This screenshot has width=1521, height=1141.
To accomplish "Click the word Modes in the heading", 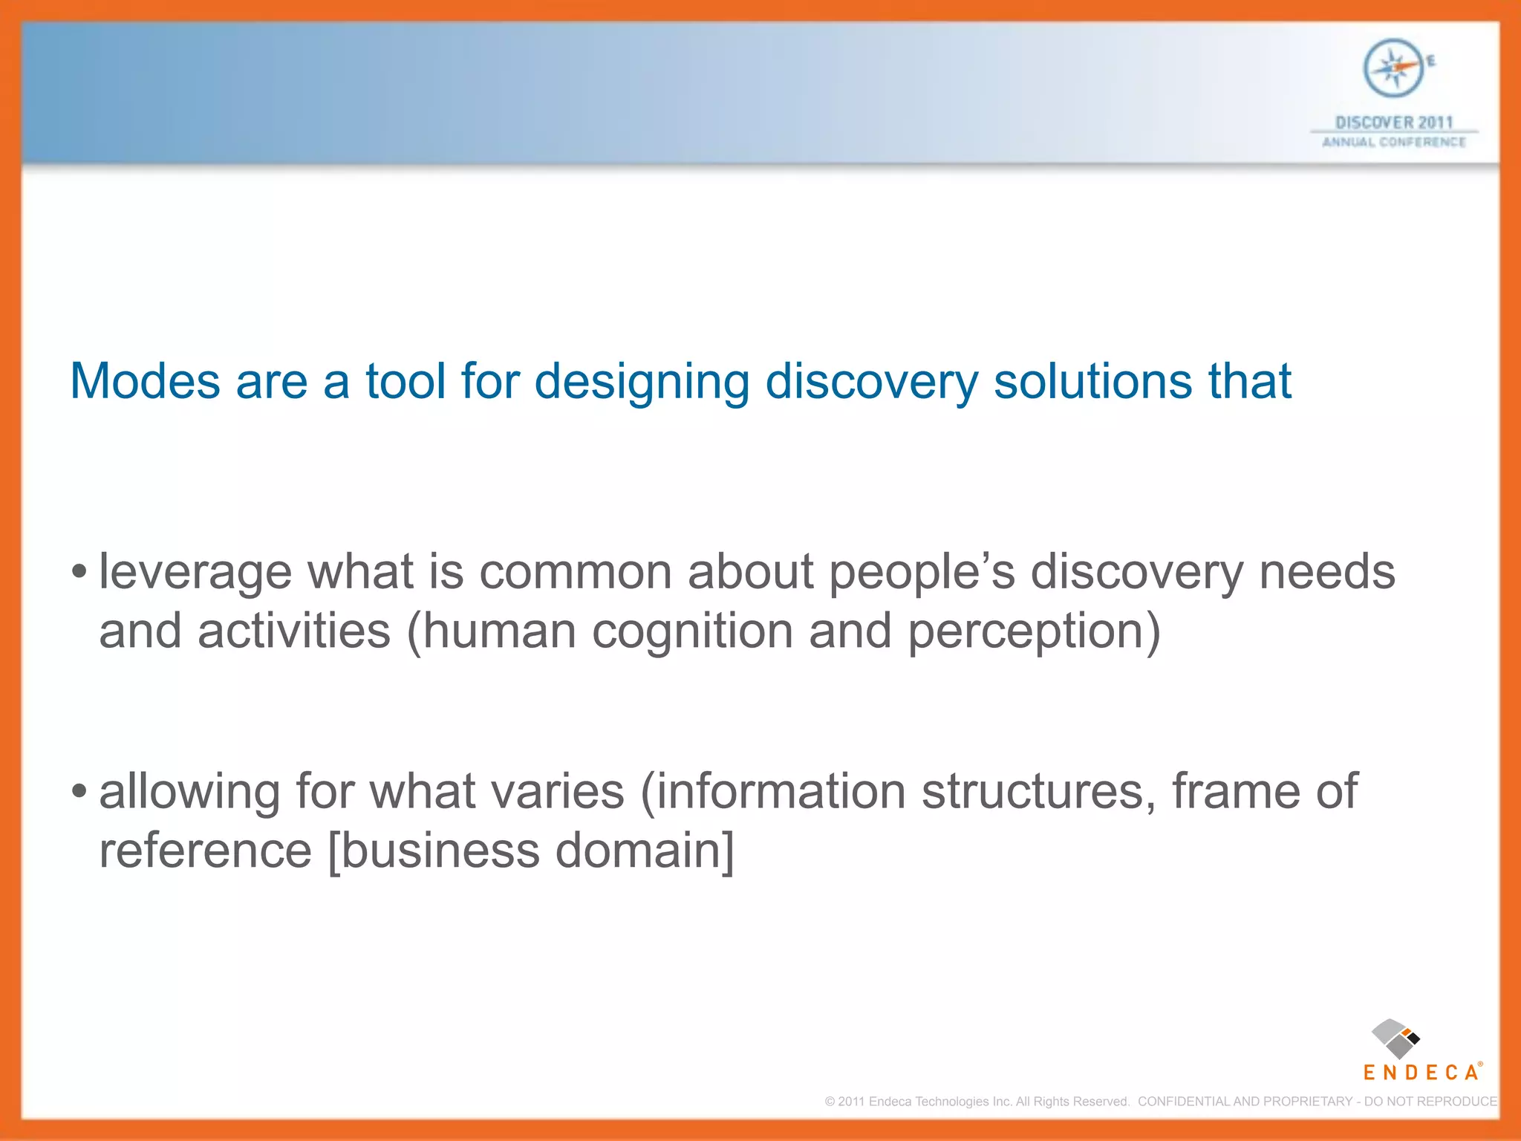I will coord(145,382).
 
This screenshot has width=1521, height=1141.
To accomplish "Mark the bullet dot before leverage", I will coord(79,573).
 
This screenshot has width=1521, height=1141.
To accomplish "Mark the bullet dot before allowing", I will coord(79,793).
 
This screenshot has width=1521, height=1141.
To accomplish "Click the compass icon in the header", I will coord(1394,68).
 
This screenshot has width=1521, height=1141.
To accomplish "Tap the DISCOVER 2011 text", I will coord(1394,123).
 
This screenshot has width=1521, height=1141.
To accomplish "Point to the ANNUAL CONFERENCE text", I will coord(1394,143).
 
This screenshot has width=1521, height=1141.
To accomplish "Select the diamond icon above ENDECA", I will coord(1395,1038).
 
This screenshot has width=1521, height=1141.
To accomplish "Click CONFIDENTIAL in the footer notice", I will coord(1184,1102).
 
